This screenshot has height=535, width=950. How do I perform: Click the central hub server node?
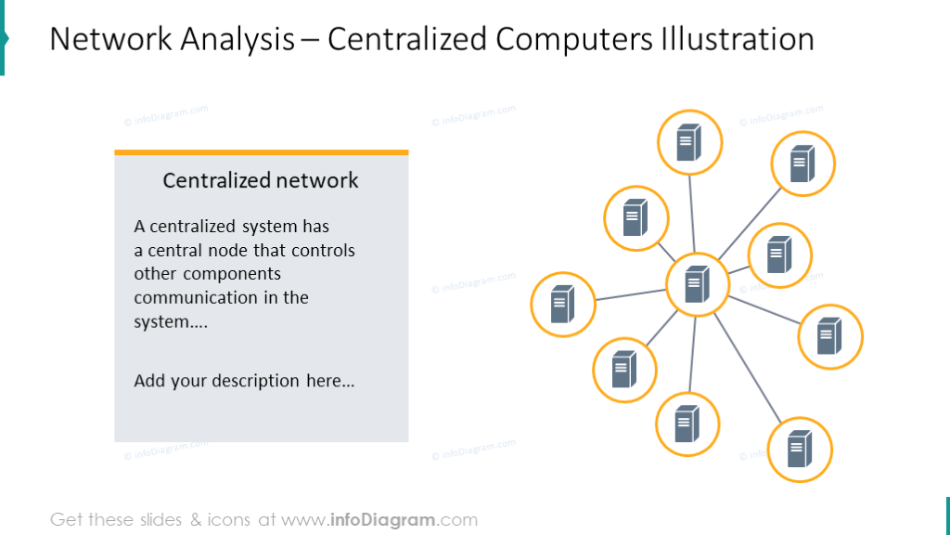(698, 284)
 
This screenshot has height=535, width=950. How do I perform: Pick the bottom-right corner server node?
(800, 450)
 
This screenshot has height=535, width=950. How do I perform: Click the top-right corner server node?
(803, 163)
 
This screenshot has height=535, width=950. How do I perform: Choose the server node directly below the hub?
(687, 424)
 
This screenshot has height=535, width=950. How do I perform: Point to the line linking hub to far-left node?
(631, 294)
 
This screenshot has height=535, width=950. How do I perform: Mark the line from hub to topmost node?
(692, 214)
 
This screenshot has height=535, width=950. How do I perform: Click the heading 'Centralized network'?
(261, 180)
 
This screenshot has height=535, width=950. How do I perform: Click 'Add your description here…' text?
(244, 381)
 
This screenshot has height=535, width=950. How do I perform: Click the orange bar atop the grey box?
(261, 151)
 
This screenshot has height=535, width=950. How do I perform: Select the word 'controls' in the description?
(323, 251)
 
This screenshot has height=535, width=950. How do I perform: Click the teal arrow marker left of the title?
(4, 37)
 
